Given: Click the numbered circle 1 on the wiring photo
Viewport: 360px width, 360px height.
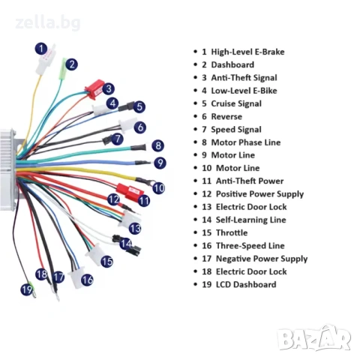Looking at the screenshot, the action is click(41, 49).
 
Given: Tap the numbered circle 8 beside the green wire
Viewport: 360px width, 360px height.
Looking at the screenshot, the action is click(158, 145).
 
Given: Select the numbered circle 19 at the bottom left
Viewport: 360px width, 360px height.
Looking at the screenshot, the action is click(27, 289).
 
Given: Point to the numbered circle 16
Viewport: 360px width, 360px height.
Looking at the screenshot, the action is click(87, 280).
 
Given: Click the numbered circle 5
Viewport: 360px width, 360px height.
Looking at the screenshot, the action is click(139, 106).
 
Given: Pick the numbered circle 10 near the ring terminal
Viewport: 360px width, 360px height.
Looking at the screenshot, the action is click(159, 188).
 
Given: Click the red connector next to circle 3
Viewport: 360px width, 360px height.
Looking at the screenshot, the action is click(94, 89).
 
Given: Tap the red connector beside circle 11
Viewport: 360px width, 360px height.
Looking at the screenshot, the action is click(130, 192).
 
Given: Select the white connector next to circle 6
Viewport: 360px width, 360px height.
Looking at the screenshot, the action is click(127, 124).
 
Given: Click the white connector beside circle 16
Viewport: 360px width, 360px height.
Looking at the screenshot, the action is click(76, 277).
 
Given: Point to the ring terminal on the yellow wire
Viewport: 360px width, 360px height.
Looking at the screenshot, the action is click(148, 182).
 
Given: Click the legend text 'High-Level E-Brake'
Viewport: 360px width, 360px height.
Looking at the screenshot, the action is click(247, 52).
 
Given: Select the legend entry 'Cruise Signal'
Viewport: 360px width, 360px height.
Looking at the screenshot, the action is click(236, 103).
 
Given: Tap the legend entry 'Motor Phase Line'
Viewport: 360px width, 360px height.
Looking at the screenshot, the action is click(246, 142).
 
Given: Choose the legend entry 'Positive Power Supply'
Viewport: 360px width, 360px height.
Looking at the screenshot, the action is click(259, 194).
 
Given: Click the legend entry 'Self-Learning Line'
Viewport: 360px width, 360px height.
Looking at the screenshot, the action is click(250, 220).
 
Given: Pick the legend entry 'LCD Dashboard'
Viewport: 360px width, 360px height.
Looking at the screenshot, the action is click(246, 284).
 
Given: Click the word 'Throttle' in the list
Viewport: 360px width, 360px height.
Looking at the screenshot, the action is click(232, 232).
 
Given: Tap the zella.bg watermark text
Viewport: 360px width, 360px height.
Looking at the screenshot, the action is click(48, 23).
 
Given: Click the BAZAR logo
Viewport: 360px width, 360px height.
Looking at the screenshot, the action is click(314, 338).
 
